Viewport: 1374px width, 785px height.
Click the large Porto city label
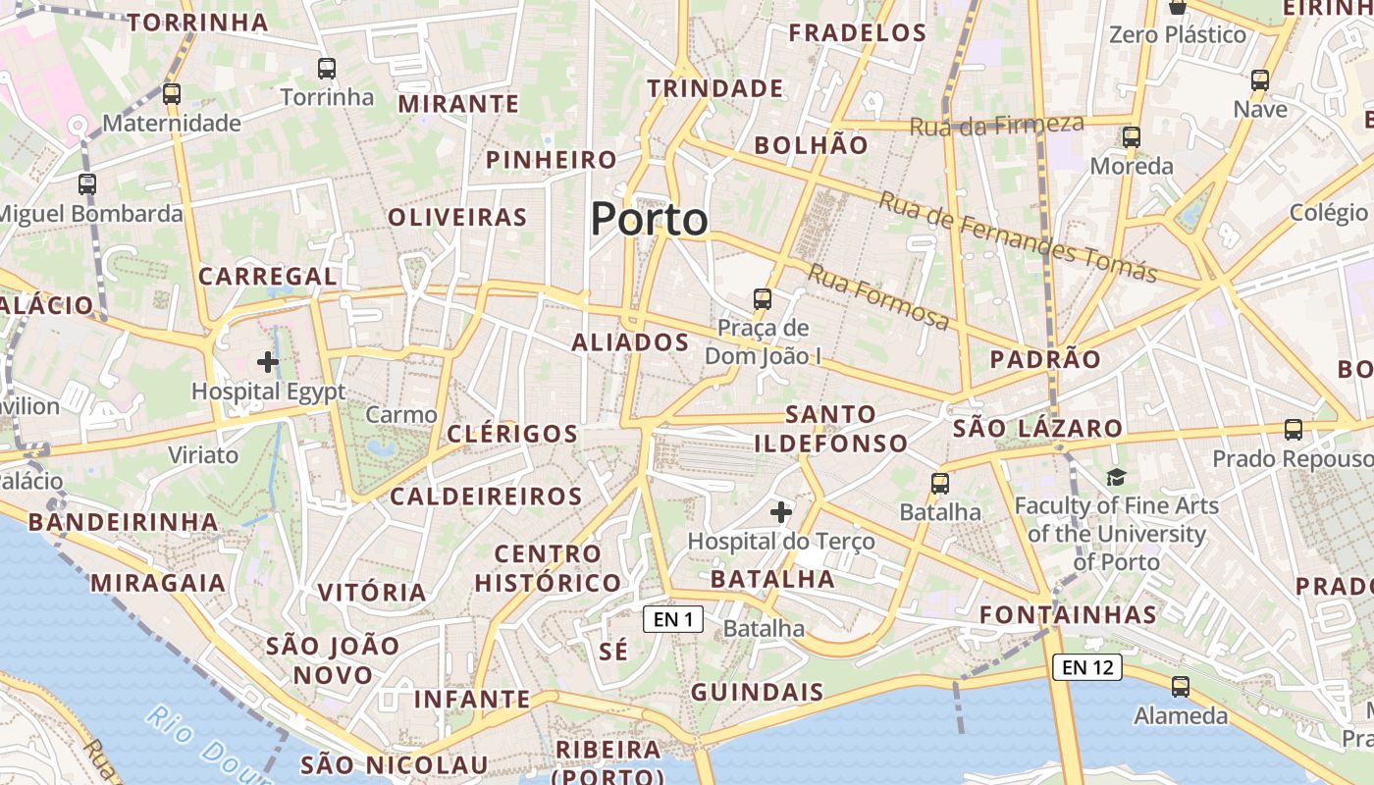[649, 218]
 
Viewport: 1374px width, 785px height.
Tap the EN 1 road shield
[673, 619]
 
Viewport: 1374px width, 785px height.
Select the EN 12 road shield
[1086, 667]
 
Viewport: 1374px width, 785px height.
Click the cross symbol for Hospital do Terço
[781, 512]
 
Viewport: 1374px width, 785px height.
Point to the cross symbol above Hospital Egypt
[268, 362]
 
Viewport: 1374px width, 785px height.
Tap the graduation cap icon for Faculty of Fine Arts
[1116, 478]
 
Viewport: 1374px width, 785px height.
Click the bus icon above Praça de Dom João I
[762, 299]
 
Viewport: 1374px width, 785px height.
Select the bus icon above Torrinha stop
[327, 69]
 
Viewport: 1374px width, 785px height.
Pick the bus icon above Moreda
[1132, 137]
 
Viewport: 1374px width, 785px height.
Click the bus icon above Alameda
[1181, 687]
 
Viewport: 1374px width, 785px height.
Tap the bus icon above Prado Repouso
[1294, 430]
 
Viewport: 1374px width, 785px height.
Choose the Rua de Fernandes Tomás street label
[1018, 236]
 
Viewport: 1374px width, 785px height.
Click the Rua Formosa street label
[877, 296]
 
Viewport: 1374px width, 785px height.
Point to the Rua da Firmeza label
[996, 125]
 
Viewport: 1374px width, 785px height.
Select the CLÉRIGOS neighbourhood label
[512, 434]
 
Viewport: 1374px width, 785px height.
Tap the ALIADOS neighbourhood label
[630, 342]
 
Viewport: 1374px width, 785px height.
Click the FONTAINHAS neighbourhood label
[1069, 615]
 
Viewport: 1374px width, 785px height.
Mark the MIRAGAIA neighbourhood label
[158, 583]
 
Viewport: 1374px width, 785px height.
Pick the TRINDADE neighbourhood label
[715, 88]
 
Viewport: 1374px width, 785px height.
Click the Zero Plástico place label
[1178, 35]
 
